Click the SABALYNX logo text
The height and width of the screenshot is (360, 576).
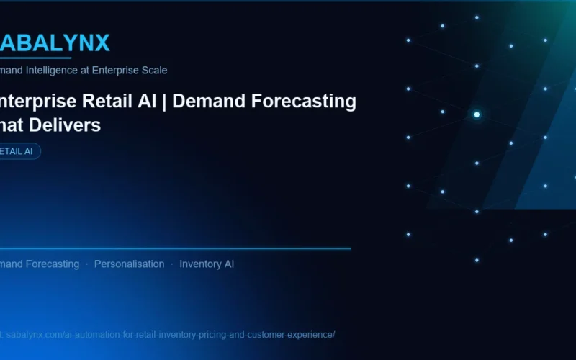[x=55, y=43]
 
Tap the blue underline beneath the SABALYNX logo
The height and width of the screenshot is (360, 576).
[x=36, y=58]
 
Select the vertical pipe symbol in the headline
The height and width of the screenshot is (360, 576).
[x=164, y=102]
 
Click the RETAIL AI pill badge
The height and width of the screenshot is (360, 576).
[x=19, y=151]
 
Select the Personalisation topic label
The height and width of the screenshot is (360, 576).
[x=129, y=264]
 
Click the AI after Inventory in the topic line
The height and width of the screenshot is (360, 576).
[x=228, y=264]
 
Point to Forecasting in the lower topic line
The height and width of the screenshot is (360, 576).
[x=53, y=264]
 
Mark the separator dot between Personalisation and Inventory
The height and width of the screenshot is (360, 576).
[x=172, y=264]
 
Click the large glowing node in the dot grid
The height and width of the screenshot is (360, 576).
[x=477, y=114]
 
